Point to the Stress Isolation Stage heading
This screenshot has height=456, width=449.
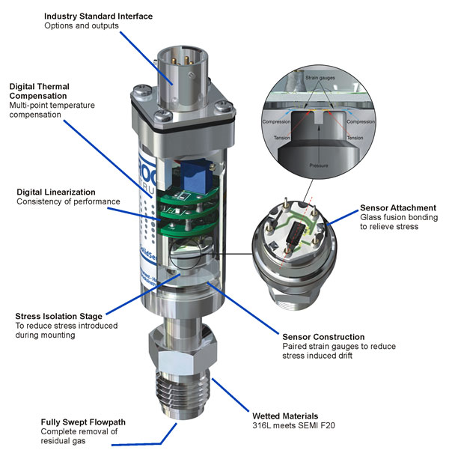pyautogui.click(x=59, y=316)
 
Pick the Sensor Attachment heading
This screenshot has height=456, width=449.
pyautogui.click(x=397, y=207)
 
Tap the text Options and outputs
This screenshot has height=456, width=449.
pyautogui.click(x=82, y=26)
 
